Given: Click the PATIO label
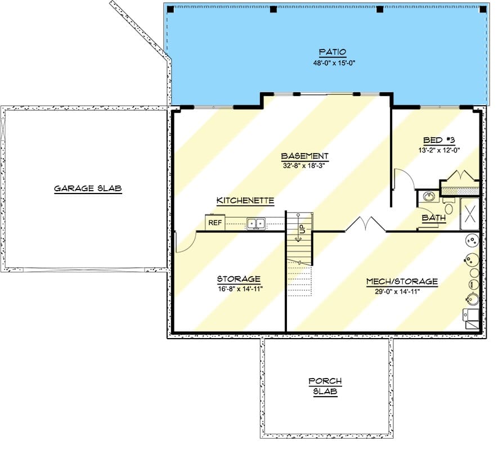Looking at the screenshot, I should point(332,52).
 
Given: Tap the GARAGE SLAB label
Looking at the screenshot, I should point(88,188).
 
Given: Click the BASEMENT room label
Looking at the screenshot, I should point(304,156).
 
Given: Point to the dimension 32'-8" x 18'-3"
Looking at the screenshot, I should point(304,166).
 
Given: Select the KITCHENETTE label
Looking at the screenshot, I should point(245,201).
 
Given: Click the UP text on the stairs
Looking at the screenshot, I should point(302,229).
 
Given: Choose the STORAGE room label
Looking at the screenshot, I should point(239,279).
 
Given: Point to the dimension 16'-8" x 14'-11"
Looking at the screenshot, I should point(239,289).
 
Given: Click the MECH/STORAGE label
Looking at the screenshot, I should point(402,281).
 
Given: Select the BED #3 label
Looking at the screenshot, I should point(437,140).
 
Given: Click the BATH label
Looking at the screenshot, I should point(434,217).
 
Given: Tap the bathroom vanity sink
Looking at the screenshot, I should point(429,197).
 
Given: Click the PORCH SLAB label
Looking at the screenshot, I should point(325,387).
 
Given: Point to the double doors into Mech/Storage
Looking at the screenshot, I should point(365,226).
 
